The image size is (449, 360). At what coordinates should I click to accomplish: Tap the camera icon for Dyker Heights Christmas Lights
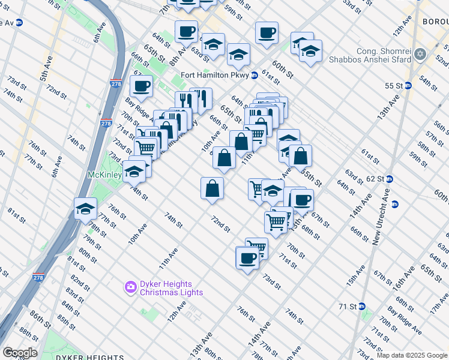tap(130, 288)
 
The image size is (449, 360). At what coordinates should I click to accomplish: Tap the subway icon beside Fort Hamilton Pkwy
tap(255, 75)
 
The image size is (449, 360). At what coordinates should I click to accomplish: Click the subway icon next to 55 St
tap(408, 86)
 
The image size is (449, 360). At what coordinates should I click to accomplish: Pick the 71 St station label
tap(348, 306)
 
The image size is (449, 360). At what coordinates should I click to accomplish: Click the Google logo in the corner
tap(19, 353)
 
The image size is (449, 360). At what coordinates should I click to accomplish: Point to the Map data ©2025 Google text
tap(412, 355)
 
